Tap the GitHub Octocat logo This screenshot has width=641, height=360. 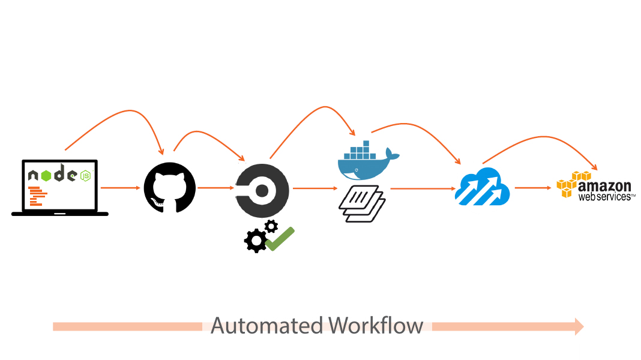(x=170, y=188)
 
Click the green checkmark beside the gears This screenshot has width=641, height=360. (x=280, y=238)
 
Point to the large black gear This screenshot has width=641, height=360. (x=256, y=241)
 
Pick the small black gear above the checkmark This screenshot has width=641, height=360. (x=271, y=226)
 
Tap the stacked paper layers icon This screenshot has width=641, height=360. (x=362, y=203)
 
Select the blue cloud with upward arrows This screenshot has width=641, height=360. (x=483, y=187)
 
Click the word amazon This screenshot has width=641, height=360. (x=604, y=187)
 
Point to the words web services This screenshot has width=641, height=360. (x=605, y=196)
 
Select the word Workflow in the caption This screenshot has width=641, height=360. (x=376, y=326)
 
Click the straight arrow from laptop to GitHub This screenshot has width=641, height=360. (x=120, y=188)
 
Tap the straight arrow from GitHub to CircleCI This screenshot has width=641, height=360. (x=215, y=188)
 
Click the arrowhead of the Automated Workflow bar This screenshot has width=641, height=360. (x=579, y=326)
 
